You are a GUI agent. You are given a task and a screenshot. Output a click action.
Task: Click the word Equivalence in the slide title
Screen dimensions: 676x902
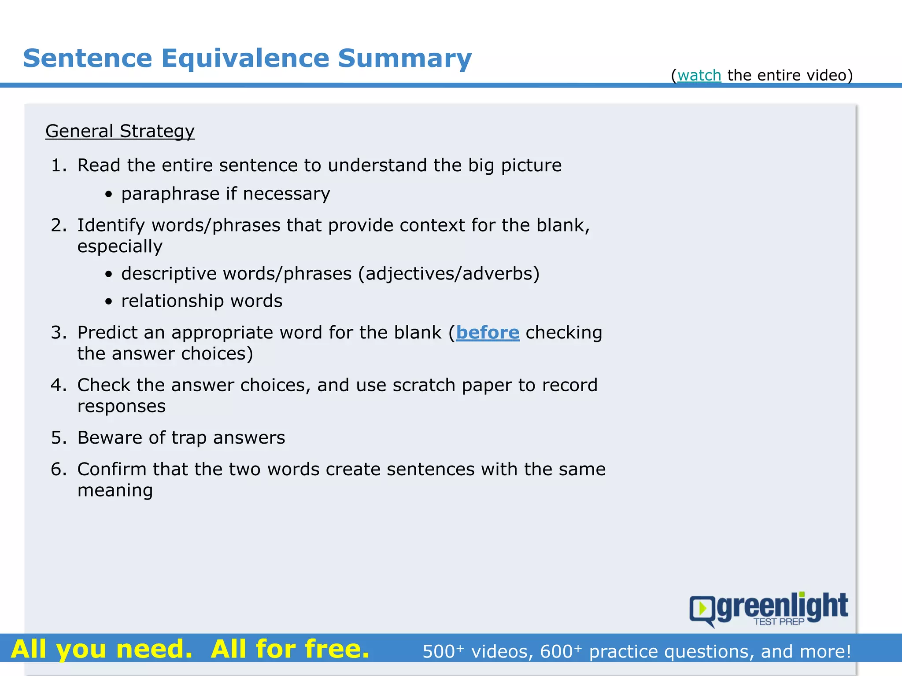click(x=245, y=59)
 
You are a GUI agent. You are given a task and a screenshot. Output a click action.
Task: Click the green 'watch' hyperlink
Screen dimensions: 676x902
click(x=699, y=76)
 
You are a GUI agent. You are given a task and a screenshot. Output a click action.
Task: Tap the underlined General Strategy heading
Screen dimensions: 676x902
click(x=120, y=132)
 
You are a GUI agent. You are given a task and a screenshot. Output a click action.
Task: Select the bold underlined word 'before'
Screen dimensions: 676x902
click(x=488, y=333)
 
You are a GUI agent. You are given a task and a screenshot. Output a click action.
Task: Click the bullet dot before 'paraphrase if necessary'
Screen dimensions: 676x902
click(x=109, y=195)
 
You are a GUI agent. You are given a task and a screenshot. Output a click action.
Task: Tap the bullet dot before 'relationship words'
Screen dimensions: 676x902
click(x=109, y=302)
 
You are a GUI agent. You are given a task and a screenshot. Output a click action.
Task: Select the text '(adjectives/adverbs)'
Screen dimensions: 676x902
click(x=449, y=274)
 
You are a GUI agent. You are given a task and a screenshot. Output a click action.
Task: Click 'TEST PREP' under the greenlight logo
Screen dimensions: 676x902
click(x=779, y=622)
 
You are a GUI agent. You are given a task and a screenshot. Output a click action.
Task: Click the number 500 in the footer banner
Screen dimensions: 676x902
click(x=439, y=652)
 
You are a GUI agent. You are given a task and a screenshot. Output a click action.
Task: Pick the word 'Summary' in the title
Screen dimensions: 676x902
click(x=405, y=59)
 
